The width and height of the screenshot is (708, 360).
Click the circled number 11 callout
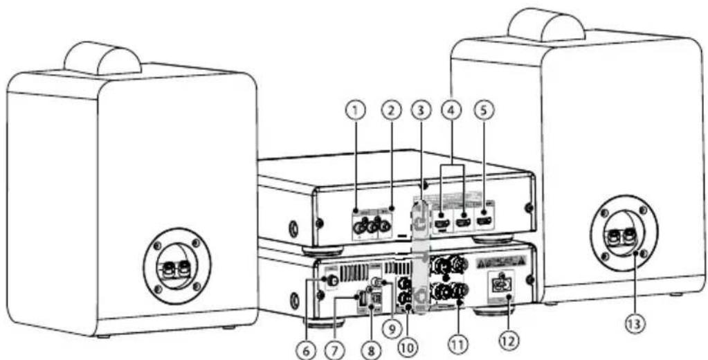[457, 341]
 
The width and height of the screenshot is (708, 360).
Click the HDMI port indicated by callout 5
[487, 221]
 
